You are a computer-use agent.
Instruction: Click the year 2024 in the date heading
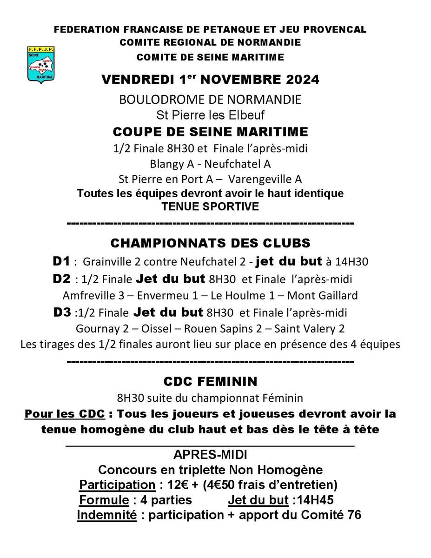(x=300, y=80)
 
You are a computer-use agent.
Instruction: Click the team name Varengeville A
(x=265, y=179)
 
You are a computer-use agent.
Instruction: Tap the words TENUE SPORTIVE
(x=210, y=206)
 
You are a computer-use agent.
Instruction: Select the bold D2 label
(x=62, y=279)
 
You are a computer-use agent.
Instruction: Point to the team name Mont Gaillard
(x=323, y=295)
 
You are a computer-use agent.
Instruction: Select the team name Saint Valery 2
(x=310, y=329)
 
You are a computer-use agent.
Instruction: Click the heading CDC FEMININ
(x=210, y=381)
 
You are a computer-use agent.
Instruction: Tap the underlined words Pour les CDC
(x=65, y=413)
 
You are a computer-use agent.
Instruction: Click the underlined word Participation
(x=117, y=485)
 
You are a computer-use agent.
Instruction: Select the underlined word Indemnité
(x=107, y=515)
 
